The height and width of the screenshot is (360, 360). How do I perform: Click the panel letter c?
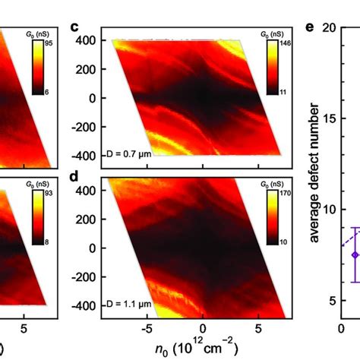74,28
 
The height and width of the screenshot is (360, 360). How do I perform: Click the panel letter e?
311,28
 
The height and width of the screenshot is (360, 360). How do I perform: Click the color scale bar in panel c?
272,68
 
